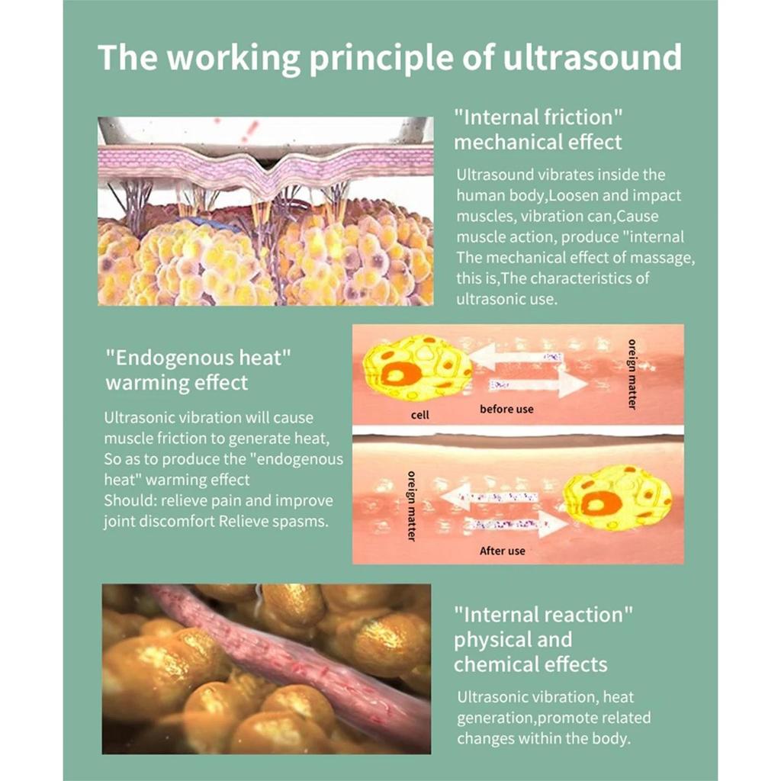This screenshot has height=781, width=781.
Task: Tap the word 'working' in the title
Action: click(233, 59)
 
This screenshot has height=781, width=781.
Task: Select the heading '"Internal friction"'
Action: click(538, 118)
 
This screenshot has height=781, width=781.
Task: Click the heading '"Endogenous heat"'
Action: click(198, 358)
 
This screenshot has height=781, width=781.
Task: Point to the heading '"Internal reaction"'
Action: click(543, 615)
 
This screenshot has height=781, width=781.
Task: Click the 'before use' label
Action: click(506, 409)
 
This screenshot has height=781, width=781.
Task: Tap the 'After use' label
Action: click(502, 551)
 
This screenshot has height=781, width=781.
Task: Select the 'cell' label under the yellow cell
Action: click(420, 414)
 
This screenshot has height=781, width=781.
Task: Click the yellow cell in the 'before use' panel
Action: click(417, 368)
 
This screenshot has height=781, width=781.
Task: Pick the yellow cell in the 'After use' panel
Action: click(618, 498)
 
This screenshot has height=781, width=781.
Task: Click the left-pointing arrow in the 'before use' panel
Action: click(516, 357)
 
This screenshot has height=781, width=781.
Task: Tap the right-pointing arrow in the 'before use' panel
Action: click(538, 384)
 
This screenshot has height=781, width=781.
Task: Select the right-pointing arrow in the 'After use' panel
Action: click(516, 524)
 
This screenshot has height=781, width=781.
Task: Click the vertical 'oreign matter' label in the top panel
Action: click(632, 374)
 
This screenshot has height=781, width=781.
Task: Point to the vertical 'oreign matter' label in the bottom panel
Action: click(411, 506)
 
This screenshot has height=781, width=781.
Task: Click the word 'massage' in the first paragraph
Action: click(660, 258)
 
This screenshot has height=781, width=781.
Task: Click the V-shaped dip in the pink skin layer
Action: click(269, 170)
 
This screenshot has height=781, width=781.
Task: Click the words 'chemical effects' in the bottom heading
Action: click(531, 664)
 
